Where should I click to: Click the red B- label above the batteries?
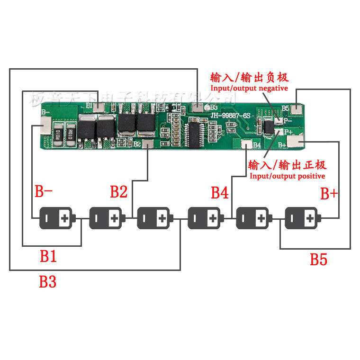[x=44, y=192]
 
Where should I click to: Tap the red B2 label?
[x=118, y=192]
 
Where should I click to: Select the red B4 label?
[x=219, y=192]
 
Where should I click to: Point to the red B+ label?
[x=329, y=193]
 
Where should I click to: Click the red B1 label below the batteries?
[x=48, y=256]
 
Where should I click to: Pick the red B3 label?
[x=47, y=282]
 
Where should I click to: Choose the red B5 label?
[x=318, y=259]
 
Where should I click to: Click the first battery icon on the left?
[x=56, y=218]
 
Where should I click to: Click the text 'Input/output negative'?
[x=249, y=89]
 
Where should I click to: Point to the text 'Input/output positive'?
[x=287, y=176]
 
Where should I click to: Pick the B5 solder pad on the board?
[x=297, y=110]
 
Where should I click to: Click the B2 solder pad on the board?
[x=148, y=144]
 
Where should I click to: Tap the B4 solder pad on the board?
[x=247, y=145]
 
